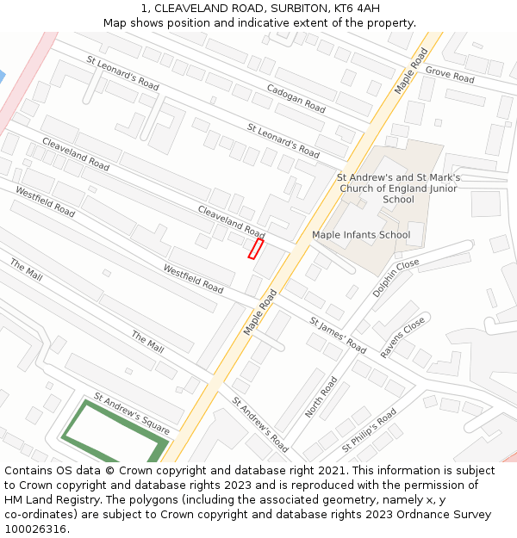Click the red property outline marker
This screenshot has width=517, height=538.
point(255,249)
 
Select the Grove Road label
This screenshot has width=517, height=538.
point(450,75)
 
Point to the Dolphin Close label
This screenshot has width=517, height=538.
point(396,277)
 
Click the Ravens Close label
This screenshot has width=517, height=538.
point(403,337)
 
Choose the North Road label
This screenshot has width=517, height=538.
point(321,397)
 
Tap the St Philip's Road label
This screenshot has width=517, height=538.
point(369,430)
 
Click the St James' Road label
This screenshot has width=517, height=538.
point(338,335)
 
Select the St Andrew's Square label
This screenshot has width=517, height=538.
point(132,414)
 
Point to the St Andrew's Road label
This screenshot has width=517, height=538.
point(259,424)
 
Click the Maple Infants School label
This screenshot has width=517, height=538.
point(361,235)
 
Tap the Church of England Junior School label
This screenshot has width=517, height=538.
point(398,189)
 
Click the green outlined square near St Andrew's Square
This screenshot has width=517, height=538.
point(112,435)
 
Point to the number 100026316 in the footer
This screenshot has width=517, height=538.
point(36,529)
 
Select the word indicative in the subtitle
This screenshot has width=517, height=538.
point(264,22)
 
